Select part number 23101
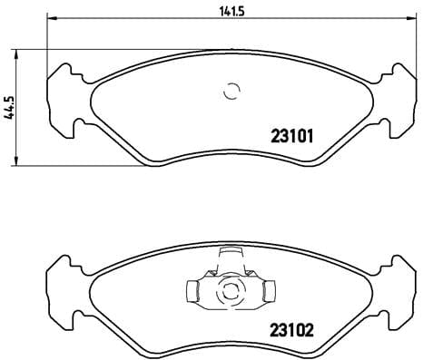(x=291, y=138)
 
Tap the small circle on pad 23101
(x=231, y=92)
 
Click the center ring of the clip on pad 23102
(x=229, y=292)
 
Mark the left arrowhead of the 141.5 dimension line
(x=50, y=19)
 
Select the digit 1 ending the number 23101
(x=310, y=138)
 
